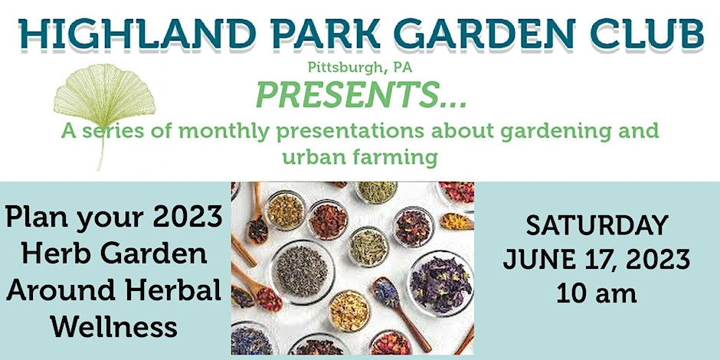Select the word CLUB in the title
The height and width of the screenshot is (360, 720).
tap(647, 33)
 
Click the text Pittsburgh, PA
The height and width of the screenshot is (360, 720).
tap(360, 68)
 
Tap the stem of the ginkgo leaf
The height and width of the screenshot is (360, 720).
tap(101, 148)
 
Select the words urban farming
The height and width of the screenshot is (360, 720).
tap(360, 157)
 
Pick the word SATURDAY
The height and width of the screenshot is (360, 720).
tap(597, 225)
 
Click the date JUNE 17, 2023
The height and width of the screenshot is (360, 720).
tap(597, 260)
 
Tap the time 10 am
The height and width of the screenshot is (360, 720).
tap(597, 293)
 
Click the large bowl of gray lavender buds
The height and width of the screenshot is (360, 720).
tap(301, 271)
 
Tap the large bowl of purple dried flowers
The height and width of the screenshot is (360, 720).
tap(440, 283)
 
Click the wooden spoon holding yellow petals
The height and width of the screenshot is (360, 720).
tap(457, 222)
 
